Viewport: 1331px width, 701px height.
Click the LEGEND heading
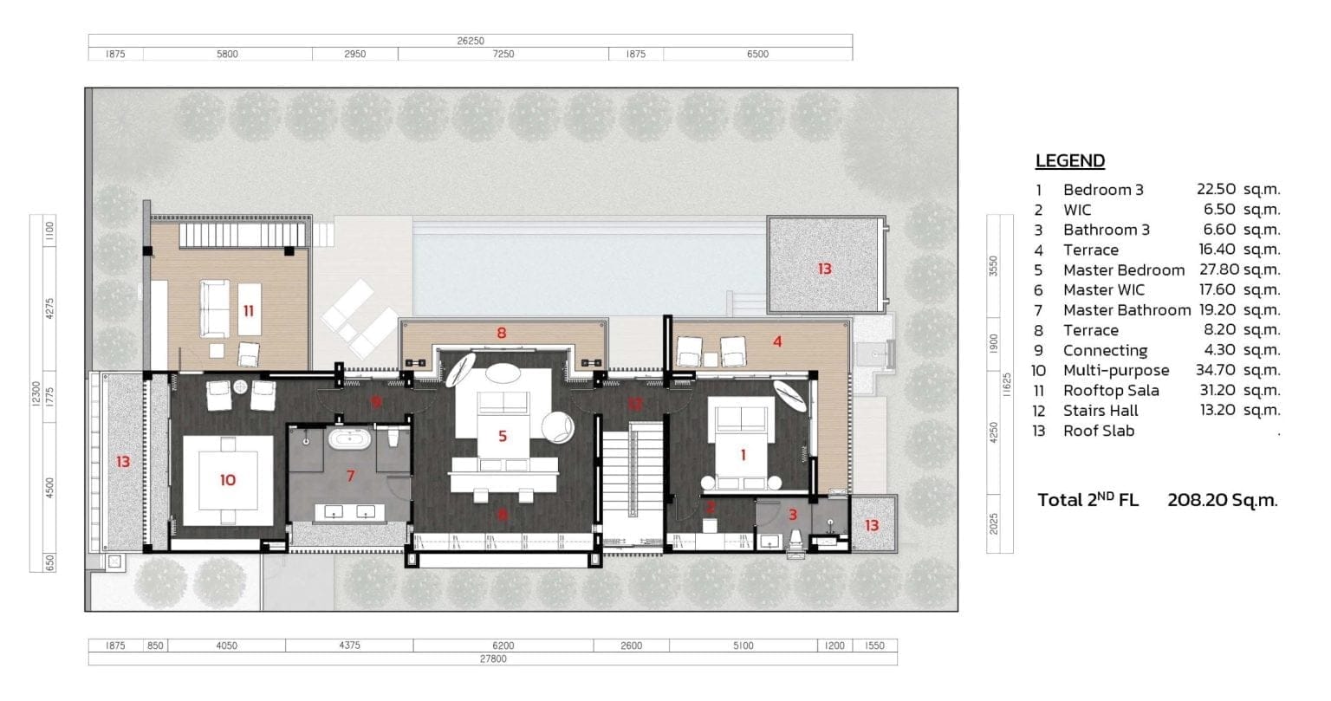(1069, 160)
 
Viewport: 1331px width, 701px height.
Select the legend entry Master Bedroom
(1123, 269)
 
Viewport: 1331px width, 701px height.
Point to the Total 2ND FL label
(1088, 500)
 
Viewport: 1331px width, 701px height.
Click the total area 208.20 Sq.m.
(1222, 500)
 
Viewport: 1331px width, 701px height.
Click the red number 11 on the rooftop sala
(249, 310)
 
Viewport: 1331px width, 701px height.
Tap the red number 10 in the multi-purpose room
(227, 479)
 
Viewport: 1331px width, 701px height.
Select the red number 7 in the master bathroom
(350, 475)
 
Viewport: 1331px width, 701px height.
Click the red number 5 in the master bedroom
(502, 436)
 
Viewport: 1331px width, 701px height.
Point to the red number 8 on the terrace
(501, 332)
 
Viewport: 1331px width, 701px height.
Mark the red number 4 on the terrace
(777, 341)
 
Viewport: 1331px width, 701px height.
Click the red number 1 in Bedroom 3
(742, 453)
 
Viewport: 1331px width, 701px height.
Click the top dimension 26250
(470, 40)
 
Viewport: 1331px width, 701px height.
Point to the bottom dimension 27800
(492, 659)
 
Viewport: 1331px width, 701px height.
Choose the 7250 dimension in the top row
(503, 54)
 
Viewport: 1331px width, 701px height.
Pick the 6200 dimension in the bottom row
(503, 646)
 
